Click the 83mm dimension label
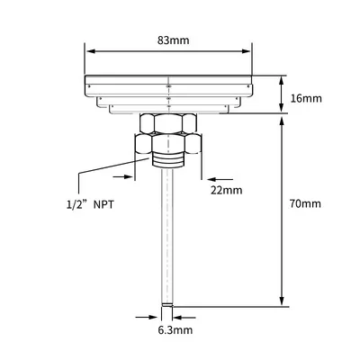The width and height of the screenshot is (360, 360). pos(174,40)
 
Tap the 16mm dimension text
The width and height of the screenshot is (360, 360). pos(306,98)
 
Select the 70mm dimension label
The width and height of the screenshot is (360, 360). pos(305,203)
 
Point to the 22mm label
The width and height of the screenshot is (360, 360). pos(226,190)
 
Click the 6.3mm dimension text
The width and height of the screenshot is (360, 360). pos(175,330)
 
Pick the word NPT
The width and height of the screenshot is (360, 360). pos(103,205)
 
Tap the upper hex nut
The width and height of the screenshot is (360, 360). pos(168,122)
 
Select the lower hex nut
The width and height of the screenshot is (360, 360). pos(168,144)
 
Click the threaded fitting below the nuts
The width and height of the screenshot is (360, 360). pos(167,160)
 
